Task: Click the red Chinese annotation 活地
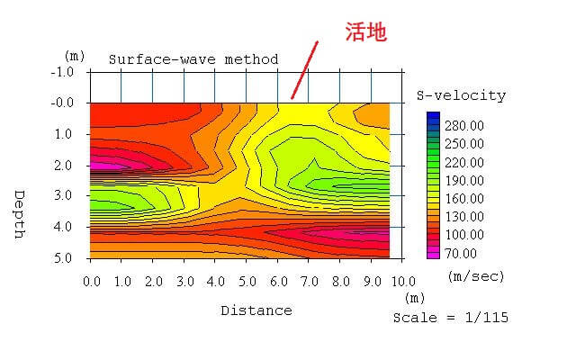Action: [366, 32]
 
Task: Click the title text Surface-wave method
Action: [193, 59]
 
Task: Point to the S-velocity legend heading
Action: [461, 95]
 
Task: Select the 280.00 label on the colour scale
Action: [465, 125]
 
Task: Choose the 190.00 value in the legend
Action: [465, 180]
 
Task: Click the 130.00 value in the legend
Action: [465, 217]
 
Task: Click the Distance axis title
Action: [256, 310]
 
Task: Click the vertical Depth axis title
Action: [19, 214]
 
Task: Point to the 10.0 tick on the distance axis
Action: [402, 282]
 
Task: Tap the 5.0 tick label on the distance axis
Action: [247, 282]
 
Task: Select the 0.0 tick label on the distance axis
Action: [91, 282]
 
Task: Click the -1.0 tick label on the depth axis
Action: [61, 72]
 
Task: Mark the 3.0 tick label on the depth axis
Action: [64, 195]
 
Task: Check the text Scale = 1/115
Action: [450, 318]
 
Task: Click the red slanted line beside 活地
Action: [303, 70]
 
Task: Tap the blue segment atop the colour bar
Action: [433, 118]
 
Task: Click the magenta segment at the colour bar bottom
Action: [433, 254]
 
